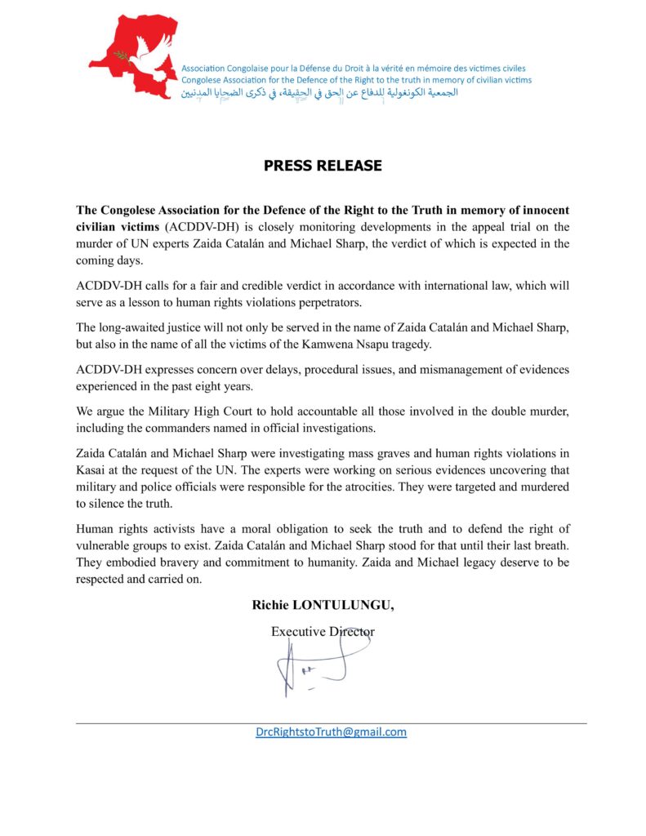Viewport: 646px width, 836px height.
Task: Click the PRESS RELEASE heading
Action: point(323,166)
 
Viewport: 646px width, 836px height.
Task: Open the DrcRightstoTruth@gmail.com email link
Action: point(331,732)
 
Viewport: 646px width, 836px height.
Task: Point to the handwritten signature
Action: point(310,666)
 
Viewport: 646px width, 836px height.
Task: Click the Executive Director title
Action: point(323,631)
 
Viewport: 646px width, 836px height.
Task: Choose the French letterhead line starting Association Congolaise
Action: point(354,68)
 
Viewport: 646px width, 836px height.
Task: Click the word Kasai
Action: point(93,471)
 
